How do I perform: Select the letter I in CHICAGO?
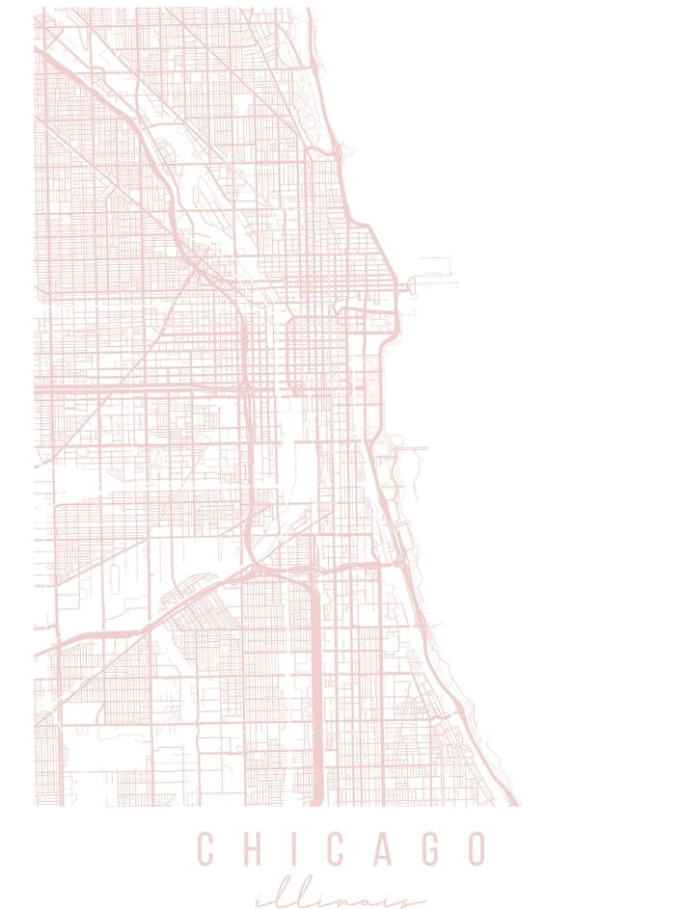point(288,849)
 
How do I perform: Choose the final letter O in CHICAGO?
point(475,849)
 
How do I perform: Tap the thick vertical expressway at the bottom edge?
point(315,733)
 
